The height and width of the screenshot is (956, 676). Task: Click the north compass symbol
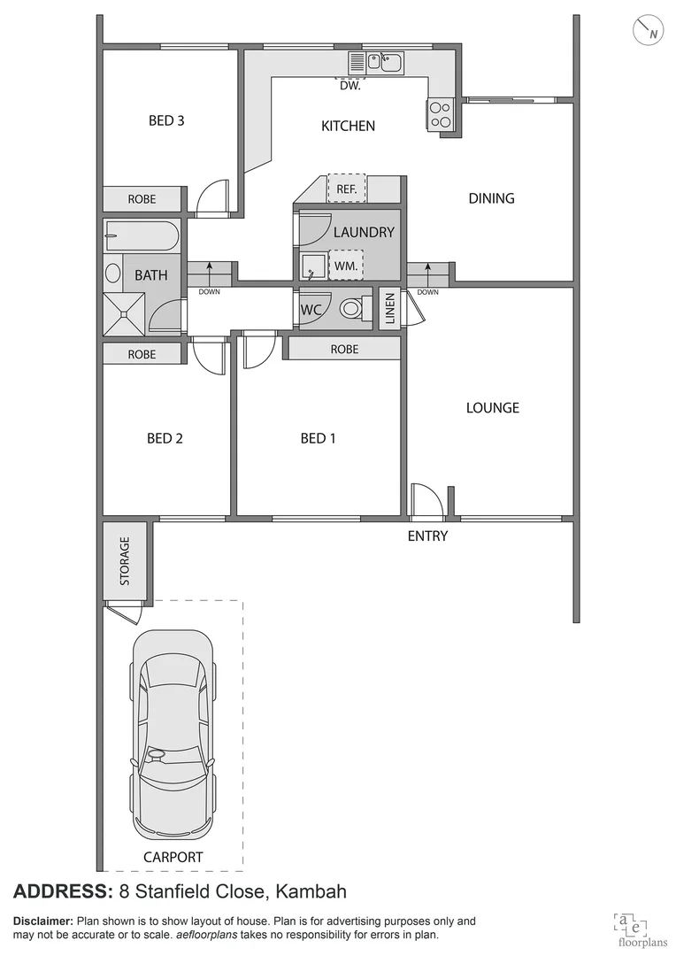click(x=649, y=31)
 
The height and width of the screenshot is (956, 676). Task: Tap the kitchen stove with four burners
click(x=441, y=114)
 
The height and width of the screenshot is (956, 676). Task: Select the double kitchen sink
click(x=385, y=62)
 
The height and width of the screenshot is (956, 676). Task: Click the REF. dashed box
click(x=346, y=189)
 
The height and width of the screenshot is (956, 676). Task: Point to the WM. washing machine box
click(x=345, y=265)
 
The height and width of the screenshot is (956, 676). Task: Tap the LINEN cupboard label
click(x=390, y=309)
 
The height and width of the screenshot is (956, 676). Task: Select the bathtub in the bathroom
click(x=142, y=235)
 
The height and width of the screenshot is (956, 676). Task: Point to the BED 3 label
click(x=165, y=120)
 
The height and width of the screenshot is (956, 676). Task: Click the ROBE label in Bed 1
click(x=344, y=350)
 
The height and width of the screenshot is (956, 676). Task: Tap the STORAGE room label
click(x=125, y=561)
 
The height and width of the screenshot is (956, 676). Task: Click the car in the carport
click(x=173, y=736)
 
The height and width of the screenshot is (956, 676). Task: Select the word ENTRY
click(x=427, y=536)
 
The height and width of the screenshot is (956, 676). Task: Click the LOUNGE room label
click(x=493, y=408)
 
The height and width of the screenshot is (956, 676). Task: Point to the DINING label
click(x=491, y=198)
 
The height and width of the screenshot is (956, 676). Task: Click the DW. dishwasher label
click(x=350, y=86)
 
